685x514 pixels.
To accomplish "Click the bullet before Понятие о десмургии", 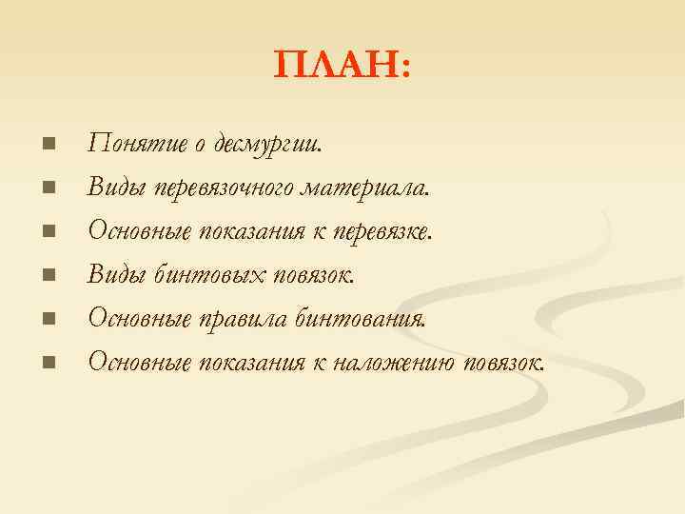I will [49, 144].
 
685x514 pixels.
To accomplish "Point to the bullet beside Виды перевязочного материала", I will [49, 188].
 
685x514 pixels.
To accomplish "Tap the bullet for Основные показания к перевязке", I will [49, 231].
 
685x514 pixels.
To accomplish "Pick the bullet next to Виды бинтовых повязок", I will [49, 275].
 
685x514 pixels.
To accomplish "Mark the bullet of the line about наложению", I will [49, 363].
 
